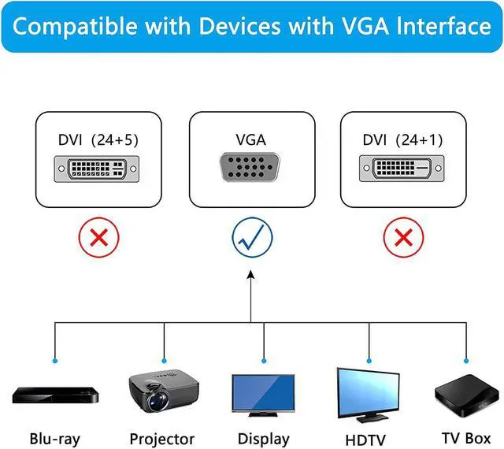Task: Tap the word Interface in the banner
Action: click(x=445, y=27)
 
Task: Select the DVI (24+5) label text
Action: click(x=98, y=140)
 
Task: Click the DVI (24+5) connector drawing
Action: click(x=98, y=169)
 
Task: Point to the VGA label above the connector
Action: click(x=251, y=140)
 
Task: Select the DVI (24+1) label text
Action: click(x=402, y=140)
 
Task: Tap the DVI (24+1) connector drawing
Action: click(x=402, y=169)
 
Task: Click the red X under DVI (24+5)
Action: click(x=98, y=237)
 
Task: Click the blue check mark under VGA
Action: click(x=251, y=237)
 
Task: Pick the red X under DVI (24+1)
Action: click(x=402, y=237)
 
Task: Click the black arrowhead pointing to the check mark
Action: click(x=251, y=276)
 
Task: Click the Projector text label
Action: click(x=161, y=439)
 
